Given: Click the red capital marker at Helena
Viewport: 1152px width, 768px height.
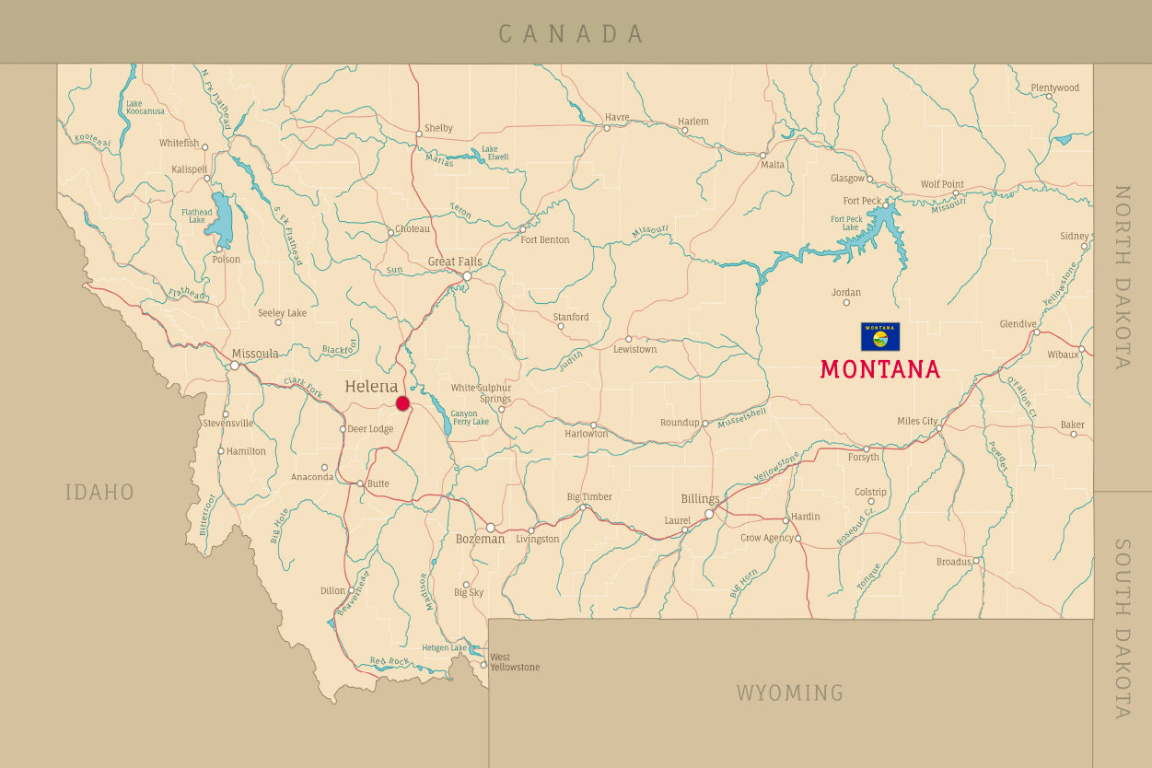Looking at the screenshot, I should (402, 403).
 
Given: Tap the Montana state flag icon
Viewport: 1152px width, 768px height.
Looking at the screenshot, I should (880, 336).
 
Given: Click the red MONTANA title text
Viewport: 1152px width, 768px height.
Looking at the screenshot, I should (880, 369).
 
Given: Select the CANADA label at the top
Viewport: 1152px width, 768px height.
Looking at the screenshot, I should (571, 34).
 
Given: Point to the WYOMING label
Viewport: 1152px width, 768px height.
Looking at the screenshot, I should (789, 692).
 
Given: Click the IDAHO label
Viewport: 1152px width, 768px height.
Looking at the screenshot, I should (99, 493).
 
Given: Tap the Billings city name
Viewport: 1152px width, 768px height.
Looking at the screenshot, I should (700, 499).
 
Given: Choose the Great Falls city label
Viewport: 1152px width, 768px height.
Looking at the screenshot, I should (455, 262).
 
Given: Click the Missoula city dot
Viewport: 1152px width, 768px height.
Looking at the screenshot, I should (235, 366).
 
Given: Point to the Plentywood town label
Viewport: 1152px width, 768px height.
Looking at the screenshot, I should (1054, 88).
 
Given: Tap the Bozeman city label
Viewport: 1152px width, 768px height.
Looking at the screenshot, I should (480, 540).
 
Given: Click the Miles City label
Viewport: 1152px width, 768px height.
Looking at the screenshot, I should (916, 421).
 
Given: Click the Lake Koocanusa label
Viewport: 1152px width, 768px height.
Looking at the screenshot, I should (145, 108).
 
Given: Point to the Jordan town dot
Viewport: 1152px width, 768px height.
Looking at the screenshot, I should (846, 303).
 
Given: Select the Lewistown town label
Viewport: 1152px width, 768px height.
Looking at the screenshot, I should (635, 350).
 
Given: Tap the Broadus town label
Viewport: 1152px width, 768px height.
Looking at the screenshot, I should (953, 562).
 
